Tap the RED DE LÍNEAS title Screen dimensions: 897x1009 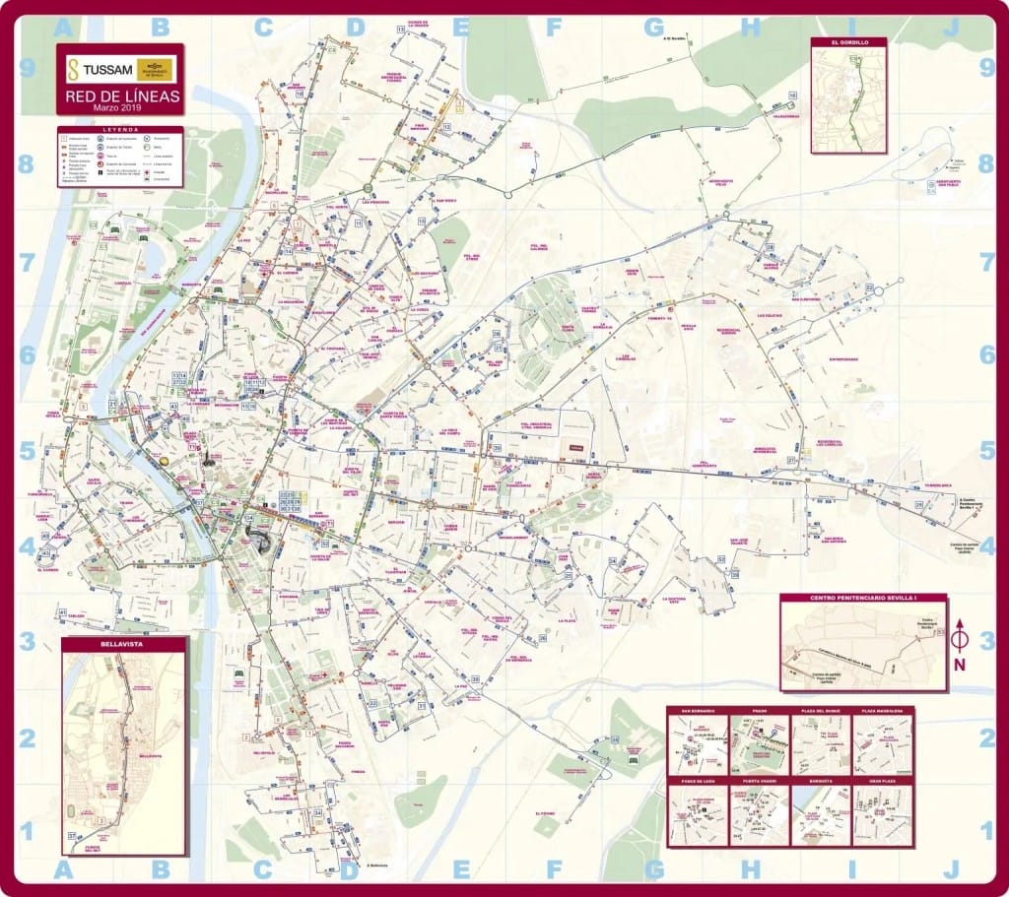(x=121, y=96)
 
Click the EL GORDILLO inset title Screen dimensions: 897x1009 (x=848, y=43)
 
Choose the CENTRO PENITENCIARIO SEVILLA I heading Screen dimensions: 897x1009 (x=862, y=599)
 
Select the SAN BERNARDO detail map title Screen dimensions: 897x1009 (x=697, y=711)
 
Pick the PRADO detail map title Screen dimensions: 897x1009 (x=759, y=711)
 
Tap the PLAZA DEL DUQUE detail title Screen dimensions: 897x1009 (x=821, y=711)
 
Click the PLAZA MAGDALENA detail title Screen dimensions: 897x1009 (x=883, y=711)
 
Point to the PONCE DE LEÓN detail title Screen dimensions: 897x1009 (x=697, y=781)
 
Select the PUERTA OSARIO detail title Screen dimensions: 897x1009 (x=759, y=781)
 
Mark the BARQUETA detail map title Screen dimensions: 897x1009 (x=821, y=781)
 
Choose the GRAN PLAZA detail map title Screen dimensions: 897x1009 (x=883, y=781)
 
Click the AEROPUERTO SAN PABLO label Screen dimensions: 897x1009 (x=947, y=184)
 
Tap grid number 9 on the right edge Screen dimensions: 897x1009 (x=986, y=68)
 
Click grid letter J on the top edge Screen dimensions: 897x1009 (x=950, y=28)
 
